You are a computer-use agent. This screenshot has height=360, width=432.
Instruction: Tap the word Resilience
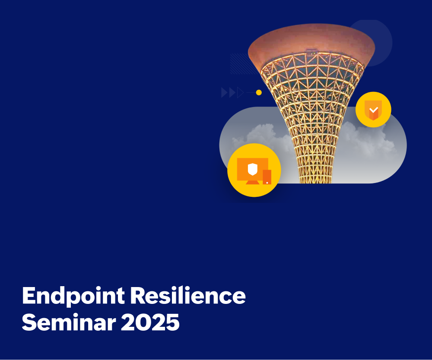[x=187, y=295]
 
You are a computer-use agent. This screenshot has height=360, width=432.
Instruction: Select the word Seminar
[x=69, y=322]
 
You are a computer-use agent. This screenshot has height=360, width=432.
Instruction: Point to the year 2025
[x=150, y=322]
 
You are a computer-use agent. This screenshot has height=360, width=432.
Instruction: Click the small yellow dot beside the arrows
[x=259, y=92]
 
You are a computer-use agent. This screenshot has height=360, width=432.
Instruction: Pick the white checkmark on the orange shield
[x=374, y=110]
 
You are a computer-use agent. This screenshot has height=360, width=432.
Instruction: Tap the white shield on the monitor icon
[x=253, y=169]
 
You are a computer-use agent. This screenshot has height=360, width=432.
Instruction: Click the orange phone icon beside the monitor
[x=267, y=177]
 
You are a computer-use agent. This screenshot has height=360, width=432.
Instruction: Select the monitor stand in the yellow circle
[x=253, y=182]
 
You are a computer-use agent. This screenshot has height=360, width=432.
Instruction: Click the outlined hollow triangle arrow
[x=240, y=92]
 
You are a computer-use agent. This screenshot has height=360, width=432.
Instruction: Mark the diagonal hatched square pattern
[x=242, y=63]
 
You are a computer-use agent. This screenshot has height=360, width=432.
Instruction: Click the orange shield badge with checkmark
[x=373, y=110]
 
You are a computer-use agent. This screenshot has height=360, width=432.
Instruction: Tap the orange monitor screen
[x=253, y=169]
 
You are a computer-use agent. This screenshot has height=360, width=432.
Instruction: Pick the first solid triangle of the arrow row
[x=224, y=92]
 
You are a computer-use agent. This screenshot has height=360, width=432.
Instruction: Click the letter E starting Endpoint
[x=29, y=295]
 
